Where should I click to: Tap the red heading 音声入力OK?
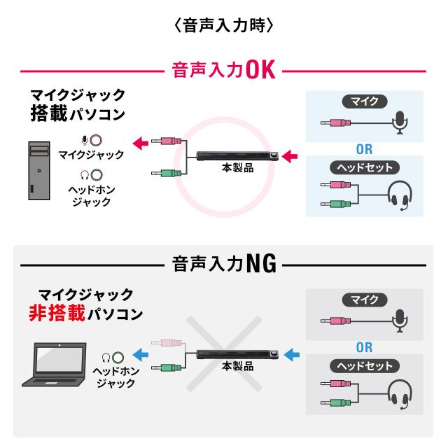click(x=222, y=71)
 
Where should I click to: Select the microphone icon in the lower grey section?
click(x=399, y=319)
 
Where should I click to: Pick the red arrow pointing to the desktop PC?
click(x=141, y=142)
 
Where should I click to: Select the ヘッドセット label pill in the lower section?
click(x=364, y=366)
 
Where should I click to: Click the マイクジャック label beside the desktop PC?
click(x=91, y=154)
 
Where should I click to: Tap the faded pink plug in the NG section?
click(x=167, y=343)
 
